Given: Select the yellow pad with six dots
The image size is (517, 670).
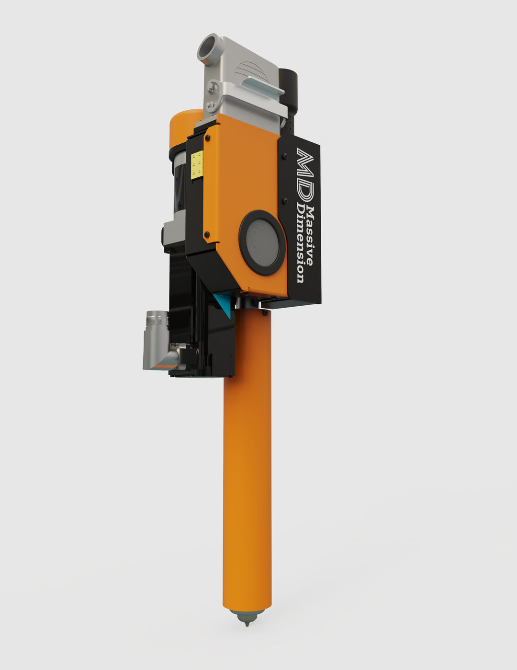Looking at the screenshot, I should pyautogui.click(x=197, y=165).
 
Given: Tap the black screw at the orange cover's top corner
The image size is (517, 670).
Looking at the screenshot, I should pyautogui.click(x=207, y=138).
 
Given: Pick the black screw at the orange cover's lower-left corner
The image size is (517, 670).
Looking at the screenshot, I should pyautogui.click(x=207, y=234).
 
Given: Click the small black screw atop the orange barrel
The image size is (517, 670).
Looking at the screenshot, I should pyautogui.click(x=265, y=312).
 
